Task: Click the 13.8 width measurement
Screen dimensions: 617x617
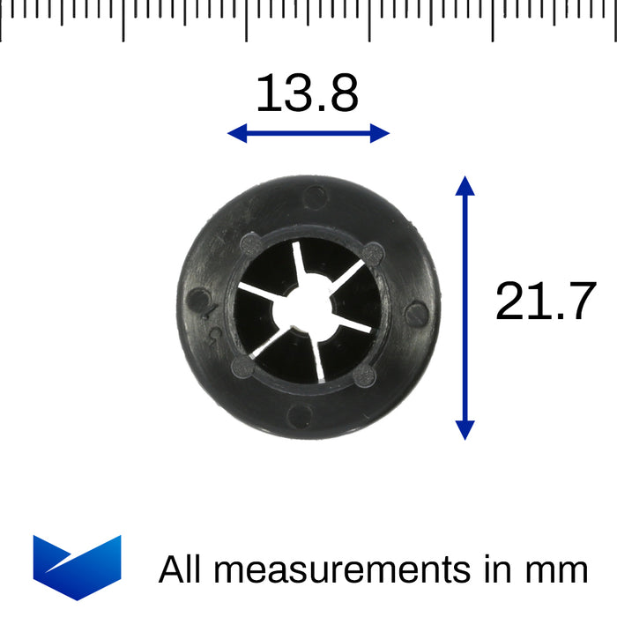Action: click(x=307, y=94)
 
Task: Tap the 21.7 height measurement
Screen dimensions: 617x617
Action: click(x=546, y=301)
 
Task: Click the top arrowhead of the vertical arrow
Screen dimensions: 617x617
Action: click(x=465, y=185)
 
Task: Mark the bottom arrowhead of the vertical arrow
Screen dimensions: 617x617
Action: click(x=465, y=430)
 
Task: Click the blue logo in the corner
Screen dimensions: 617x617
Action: click(x=77, y=567)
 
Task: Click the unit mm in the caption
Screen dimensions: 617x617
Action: click(x=557, y=570)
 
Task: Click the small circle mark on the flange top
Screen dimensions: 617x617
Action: click(x=314, y=196)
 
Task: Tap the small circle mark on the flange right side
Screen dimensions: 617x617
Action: click(x=420, y=313)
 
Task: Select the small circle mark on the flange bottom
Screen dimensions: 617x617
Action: click(x=300, y=417)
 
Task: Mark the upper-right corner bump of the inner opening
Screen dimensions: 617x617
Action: click(x=373, y=253)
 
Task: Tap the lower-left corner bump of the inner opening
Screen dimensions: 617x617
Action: click(x=240, y=367)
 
